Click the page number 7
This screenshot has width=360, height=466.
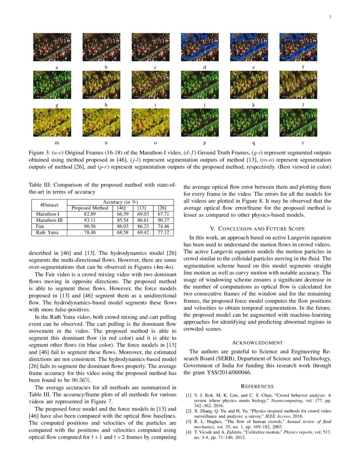click(x=330, y=17)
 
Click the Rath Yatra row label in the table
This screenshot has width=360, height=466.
click(x=46, y=233)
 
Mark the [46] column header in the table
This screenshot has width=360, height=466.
click(x=121, y=208)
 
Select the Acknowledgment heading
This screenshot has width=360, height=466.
click(x=258, y=342)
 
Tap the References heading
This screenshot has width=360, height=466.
click(x=258, y=386)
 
